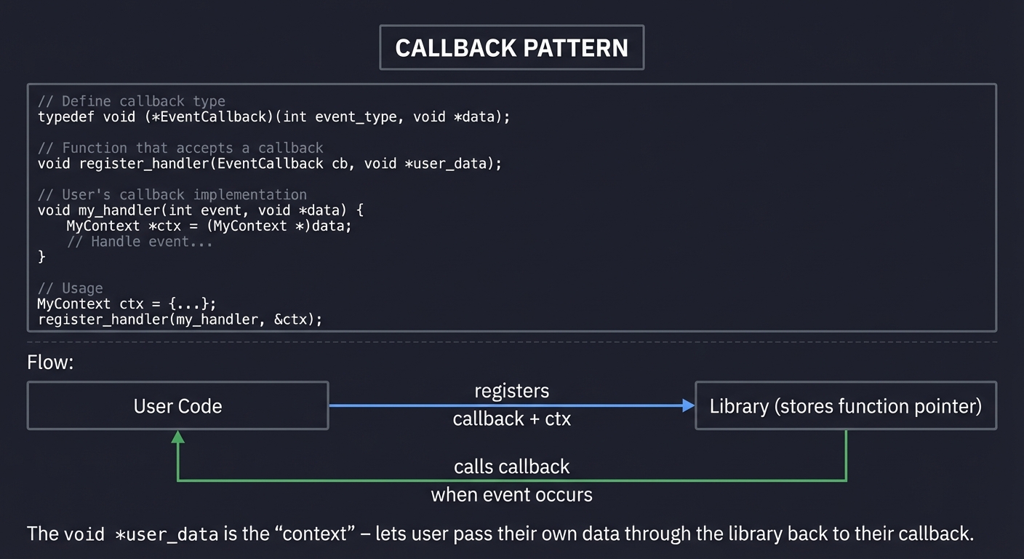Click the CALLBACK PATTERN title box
(x=511, y=48)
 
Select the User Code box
(x=177, y=405)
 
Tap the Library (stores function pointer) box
(x=845, y=405)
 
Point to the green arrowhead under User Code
(x=177, y=437)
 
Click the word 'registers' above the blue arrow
(x=511, y=391)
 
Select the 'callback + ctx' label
(x=511, y=419)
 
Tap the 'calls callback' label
(x=511, y=466)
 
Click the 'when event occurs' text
(x=511, y=495)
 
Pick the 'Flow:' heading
(x=50, y=362)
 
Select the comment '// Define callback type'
(x=132, y=101)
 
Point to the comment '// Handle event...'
(x=140, y=241)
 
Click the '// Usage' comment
(x=70, y=288)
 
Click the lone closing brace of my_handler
(x=41, y=256)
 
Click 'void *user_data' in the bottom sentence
(x=141, y=534)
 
